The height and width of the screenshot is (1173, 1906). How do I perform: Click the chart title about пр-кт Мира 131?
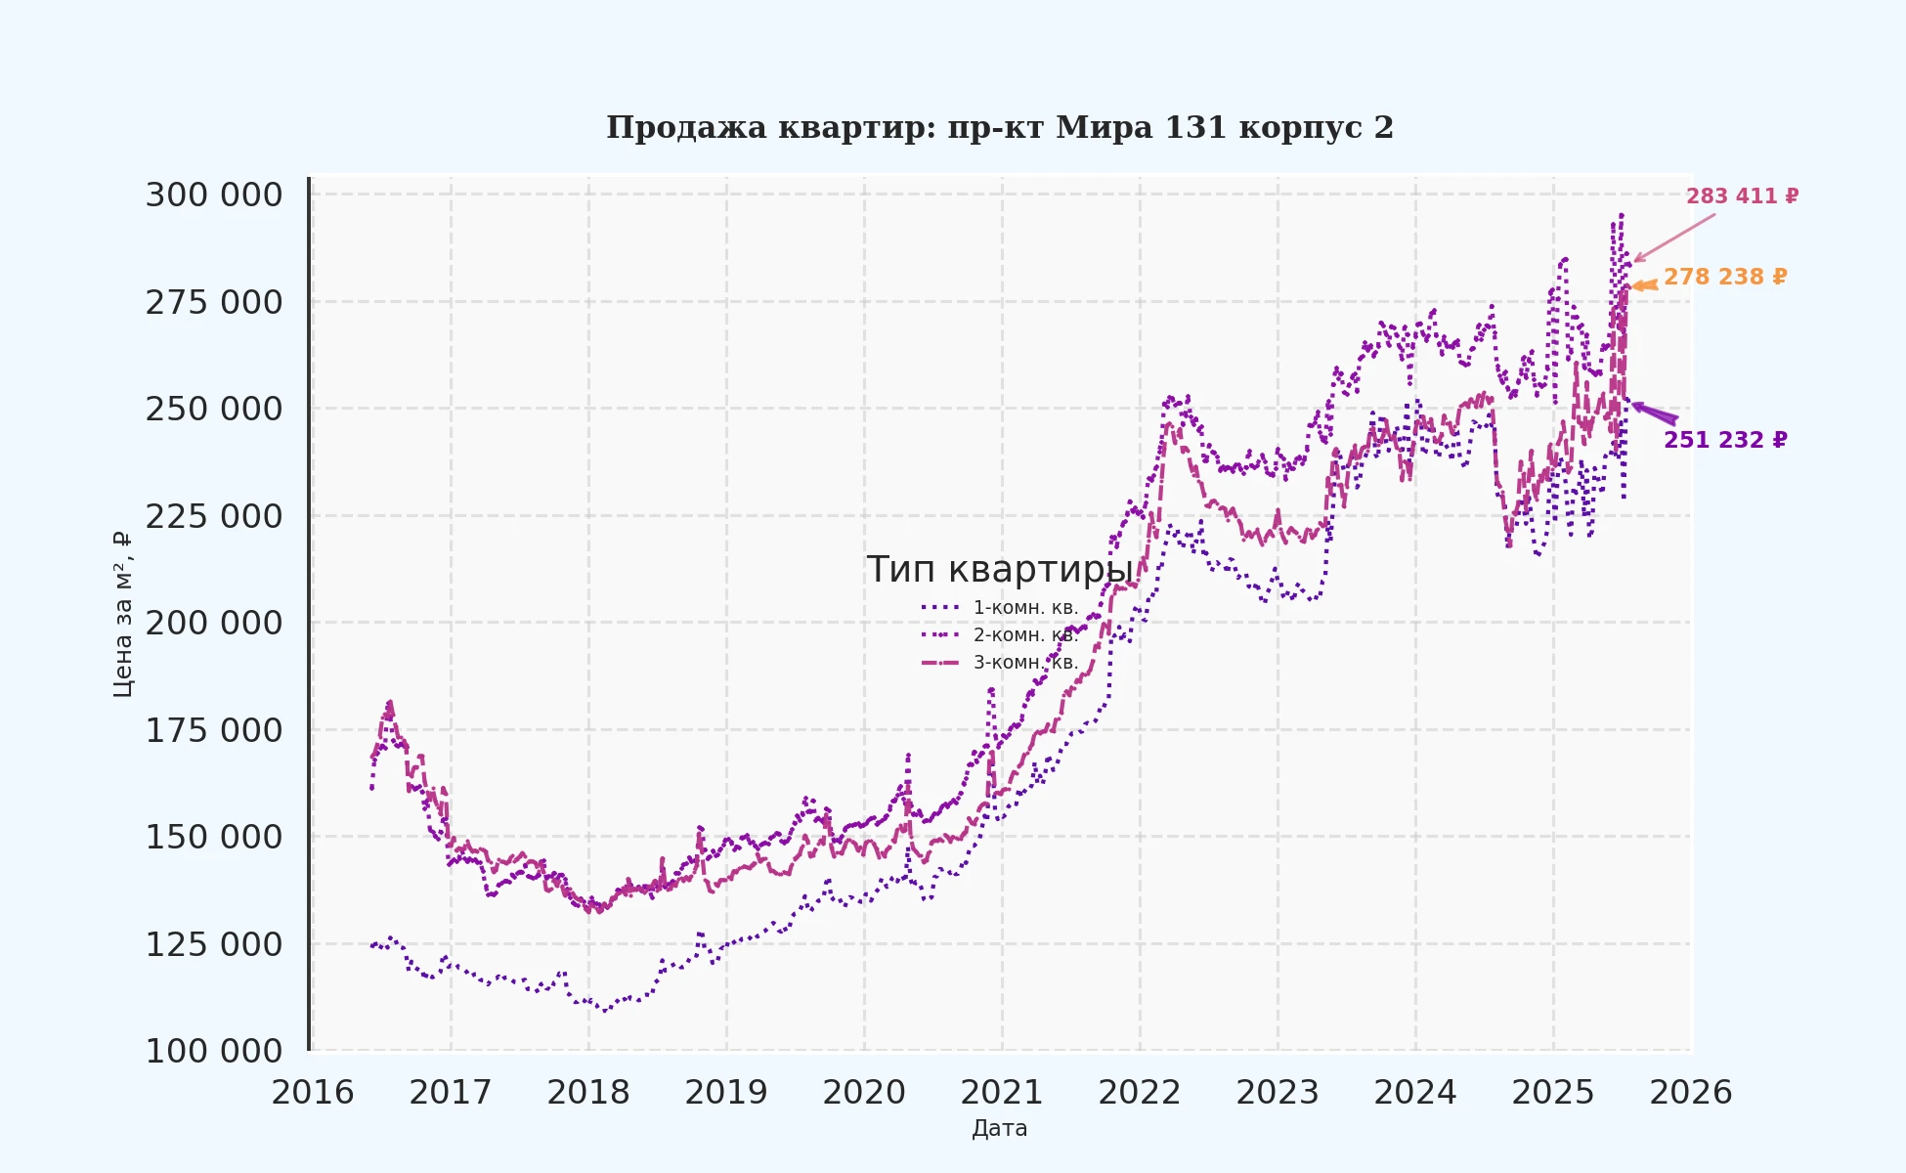(x=1000, y=128)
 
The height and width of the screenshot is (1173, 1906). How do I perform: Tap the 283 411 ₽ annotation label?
(x=1742, y=196)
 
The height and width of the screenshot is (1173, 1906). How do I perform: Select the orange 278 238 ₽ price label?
(x=1725, y=278)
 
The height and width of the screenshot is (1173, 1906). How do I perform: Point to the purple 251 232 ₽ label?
(x=1725, y=441)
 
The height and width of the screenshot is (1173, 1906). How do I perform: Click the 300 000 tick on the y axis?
(x=214, y=195)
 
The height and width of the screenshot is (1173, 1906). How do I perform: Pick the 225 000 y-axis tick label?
(x=214, y=516)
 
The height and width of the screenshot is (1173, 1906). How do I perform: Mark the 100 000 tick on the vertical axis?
(x=214, y=1052)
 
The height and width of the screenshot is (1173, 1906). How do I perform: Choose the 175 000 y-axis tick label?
(x=214, y=730)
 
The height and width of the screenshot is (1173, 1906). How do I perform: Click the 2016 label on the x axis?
(x=313, y=1093)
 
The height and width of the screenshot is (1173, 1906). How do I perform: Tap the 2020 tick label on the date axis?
(x=864, y=1093)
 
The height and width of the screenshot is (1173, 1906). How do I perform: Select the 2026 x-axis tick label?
(x=1691, y=1093)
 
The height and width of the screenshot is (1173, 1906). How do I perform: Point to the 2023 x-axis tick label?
(x=1278, y=1093)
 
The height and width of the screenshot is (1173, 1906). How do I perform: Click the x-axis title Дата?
(x=999, y=1129)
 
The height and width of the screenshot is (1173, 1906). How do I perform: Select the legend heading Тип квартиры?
(x=999, y=570)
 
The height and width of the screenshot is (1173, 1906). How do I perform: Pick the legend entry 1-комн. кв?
(x=1024, y=608)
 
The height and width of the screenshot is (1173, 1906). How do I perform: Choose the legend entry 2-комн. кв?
(x=1024, y=635)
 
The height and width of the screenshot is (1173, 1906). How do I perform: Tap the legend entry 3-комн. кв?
(x=1024, y=663)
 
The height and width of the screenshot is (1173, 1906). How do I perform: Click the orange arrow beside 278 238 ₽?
(x=1644, y=285)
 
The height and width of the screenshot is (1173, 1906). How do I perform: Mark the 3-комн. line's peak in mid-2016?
(x=389, y=703)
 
